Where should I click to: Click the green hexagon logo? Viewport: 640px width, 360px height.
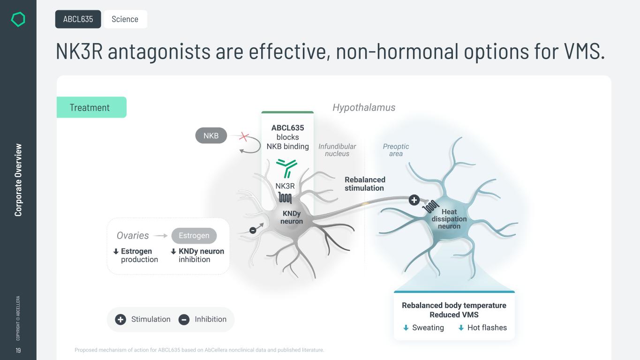coord(18,19)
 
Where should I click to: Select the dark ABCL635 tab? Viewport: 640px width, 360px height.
coord(78,19)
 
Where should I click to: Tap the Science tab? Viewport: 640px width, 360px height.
coord(125,19)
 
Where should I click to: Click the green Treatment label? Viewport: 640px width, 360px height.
coord(91,107)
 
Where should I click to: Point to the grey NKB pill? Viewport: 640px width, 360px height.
coord(211,135)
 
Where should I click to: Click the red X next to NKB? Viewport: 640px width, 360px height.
coord(244,137)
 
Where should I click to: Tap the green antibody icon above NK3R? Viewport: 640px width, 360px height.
coord(286,168)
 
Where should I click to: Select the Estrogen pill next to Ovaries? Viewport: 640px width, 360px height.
coord(194,235)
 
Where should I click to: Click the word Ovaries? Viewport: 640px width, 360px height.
coord(133,235)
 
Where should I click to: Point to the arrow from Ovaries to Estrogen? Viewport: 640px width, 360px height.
coord(160,236)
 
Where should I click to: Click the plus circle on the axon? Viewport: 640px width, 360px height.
coord(414,200)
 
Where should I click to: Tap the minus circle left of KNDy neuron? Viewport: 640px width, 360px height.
coord(253,230)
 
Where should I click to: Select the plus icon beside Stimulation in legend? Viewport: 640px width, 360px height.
coord(120,319)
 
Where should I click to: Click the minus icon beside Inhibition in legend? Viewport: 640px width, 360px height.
coord(184,319)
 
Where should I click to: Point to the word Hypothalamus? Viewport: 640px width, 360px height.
coord(364,107)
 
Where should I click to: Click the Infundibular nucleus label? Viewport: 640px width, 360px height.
coord(337,150)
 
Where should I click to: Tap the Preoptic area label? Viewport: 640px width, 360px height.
coord(396,150)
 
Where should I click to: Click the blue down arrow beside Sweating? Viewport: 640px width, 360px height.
coord(406,328)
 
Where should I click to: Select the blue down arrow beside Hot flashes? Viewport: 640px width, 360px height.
coord(461,328)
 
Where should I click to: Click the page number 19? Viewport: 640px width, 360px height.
coord(18,350)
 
